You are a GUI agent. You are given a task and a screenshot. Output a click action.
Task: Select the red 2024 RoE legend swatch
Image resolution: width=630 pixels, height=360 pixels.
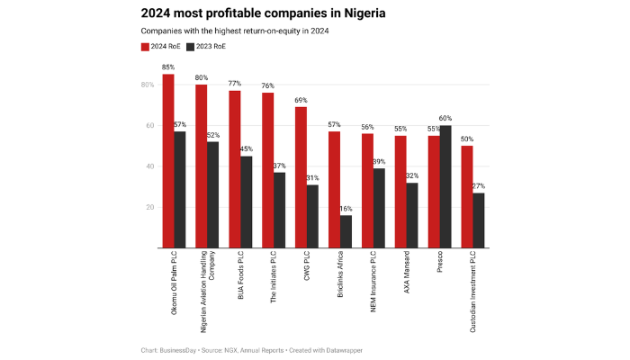tap(145, 45)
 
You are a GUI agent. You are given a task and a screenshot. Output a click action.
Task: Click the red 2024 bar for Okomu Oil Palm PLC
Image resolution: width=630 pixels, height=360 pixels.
tap(168, 161)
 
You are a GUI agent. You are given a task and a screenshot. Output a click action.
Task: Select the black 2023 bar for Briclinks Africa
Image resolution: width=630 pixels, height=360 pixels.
tap(346, 231)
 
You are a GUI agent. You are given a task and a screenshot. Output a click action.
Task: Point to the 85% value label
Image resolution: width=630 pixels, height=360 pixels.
tap(168, 67)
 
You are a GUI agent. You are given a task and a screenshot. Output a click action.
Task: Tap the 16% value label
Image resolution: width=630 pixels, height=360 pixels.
tap(346, 208)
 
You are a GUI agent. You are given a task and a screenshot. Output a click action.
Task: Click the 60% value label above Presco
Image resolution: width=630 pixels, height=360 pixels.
tap(445, 118)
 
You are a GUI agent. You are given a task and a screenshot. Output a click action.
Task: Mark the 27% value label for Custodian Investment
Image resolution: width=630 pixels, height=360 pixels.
tap(479, 185)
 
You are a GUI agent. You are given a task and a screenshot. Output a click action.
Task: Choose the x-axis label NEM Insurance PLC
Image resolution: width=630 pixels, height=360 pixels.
tap(373, 283)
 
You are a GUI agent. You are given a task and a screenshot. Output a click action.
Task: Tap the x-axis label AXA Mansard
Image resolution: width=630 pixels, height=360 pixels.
tap(407, 275)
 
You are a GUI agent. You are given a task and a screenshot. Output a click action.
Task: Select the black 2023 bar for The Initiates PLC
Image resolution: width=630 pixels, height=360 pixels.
tap(279, 210)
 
